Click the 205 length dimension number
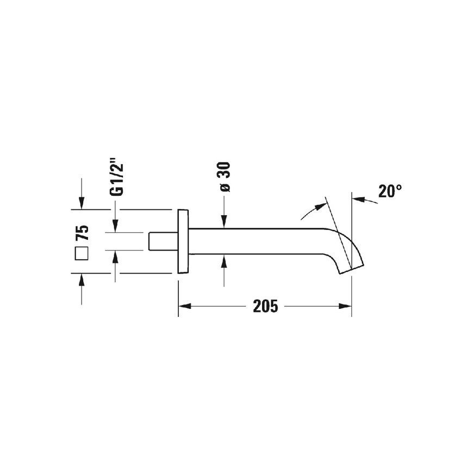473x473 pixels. click(265, 306)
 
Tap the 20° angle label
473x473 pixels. click(390, 191)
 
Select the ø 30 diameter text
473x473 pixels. click(225, 177)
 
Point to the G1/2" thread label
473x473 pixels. click(117, 179)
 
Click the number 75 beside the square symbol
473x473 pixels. click(82, 232)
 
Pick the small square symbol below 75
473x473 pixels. click(82, 253)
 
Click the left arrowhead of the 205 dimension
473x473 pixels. click(185, 306)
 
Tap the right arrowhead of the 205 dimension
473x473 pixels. click(345, 306)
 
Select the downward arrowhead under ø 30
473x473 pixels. click(224, 221)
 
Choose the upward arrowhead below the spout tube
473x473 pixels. click(224, 261)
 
